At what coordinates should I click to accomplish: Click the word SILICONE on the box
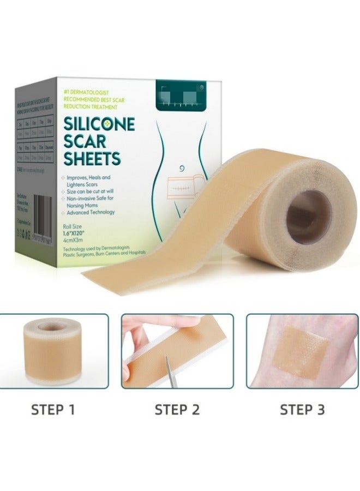tap(99, 123)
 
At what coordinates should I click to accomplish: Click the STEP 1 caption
tap(53, 409)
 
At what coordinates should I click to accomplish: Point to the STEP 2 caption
tap(177, 409)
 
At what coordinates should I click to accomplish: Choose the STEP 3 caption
tap(303, 409)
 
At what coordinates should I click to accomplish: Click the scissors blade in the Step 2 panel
tap(167, 373)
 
